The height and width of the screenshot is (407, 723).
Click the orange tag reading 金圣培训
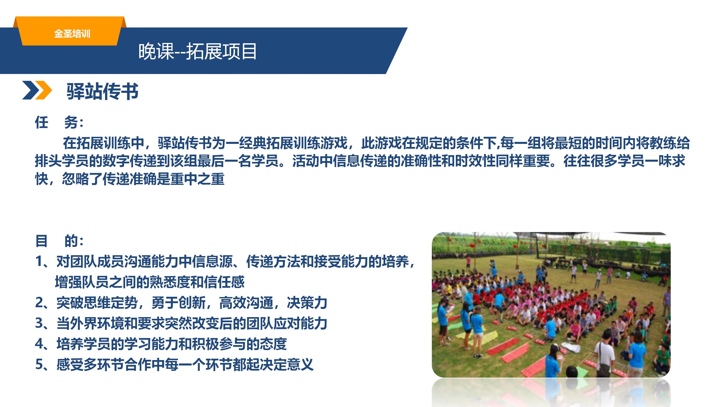coord(72,34)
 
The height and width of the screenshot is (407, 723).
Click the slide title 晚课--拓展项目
coord(197,52)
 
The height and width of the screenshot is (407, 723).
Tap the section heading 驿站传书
coord(103,91)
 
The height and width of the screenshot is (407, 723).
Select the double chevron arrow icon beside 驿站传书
coord(37,90)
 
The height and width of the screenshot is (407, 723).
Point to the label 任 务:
coord(59,122)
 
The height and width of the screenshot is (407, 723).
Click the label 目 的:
coord(59,241)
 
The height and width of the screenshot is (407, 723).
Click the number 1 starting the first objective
coord(39,262)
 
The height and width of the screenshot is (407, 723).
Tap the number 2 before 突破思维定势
coord(39,302)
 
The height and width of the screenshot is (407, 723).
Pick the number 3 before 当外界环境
coord(39,323)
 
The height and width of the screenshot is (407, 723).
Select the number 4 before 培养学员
coord(39,344)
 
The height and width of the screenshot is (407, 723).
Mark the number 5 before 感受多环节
coord(39,364)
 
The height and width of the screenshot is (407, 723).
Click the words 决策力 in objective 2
coord(307,302)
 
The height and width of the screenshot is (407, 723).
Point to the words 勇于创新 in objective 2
coord(178,302)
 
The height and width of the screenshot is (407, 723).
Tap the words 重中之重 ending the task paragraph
coord(197,179)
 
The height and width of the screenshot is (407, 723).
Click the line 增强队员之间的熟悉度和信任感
coord(150,282)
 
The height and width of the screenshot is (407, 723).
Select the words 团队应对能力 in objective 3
coord(287,323)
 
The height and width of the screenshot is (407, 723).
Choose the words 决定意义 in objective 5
coord(287,364)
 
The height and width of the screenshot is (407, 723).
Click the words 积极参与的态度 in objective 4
coord(239,344)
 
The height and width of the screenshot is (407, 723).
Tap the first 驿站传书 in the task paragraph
coord(185,143)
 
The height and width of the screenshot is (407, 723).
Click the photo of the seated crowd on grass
coord(551,305)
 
